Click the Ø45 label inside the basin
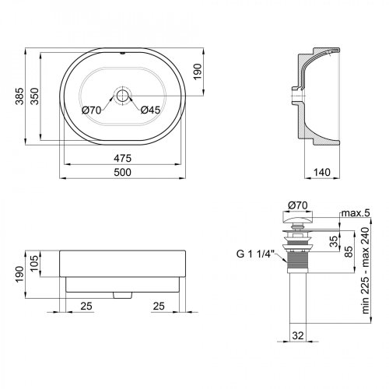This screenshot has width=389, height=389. click(x=150, y=109)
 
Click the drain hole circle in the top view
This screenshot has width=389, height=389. click(x=122, y=96)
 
